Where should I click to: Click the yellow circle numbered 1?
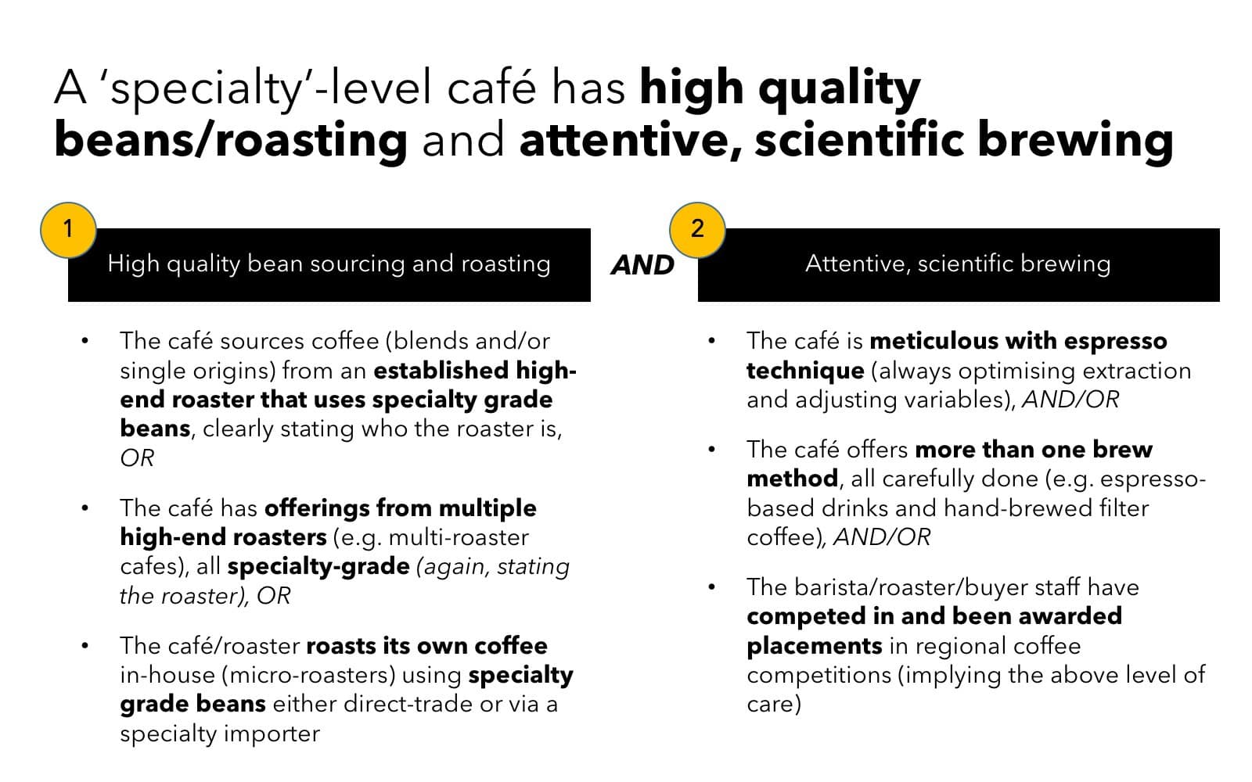68,229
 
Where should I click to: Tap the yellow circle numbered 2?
697,229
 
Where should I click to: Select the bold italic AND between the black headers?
642,265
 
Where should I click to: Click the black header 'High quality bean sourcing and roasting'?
329,264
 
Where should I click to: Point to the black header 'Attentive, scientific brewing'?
958,264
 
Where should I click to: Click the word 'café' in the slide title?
491,87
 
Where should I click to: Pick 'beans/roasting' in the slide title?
231,140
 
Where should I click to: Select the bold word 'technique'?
804,371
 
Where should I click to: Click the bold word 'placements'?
814,646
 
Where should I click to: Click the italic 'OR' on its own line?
137,458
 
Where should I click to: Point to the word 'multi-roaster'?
459,538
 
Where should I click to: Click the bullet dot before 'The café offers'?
711,450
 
